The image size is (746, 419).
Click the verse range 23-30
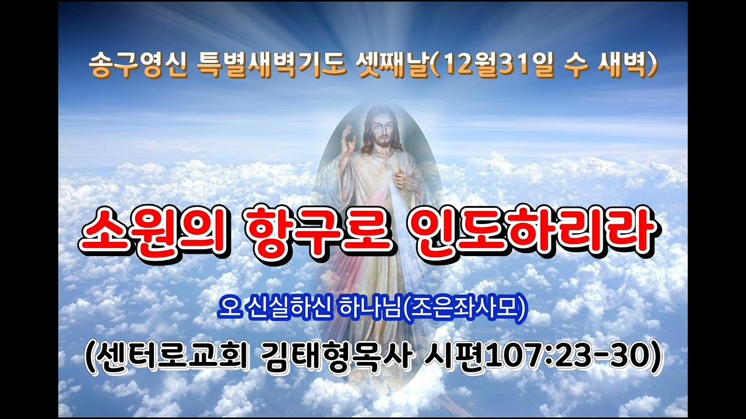tap(601, 357)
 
